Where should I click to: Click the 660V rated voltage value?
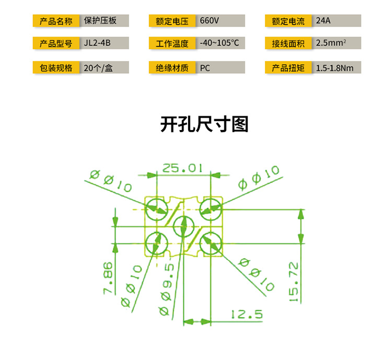[x=209, y=20]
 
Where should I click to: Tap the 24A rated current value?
[x=323, y=20]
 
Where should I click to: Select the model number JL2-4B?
[x=97, y=43]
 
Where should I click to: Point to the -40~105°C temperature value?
[x=219, y=43]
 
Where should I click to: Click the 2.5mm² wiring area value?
[x=331, y=43]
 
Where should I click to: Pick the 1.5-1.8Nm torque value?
[x=335, y=68]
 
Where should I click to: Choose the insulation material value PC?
[x=205, y=68]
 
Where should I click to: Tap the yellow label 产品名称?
[x=56, y=21]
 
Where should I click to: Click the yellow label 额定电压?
[x=172, y=21]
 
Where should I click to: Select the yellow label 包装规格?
[x=56, y=67]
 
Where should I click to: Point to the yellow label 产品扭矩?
[x=288, y=67]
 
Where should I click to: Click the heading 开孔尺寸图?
[x=204, y=124]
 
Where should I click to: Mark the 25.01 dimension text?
[x=182, y=168]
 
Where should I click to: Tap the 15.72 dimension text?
[x=294, y=282]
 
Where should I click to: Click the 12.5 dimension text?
[x=247, y=314]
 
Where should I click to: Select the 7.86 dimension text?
[x=108, y=277]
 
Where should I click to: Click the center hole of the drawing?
[x=184, y=227]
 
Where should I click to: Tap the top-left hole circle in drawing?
[x=157, y=209]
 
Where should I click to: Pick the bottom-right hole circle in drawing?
[x=211, y=243]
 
